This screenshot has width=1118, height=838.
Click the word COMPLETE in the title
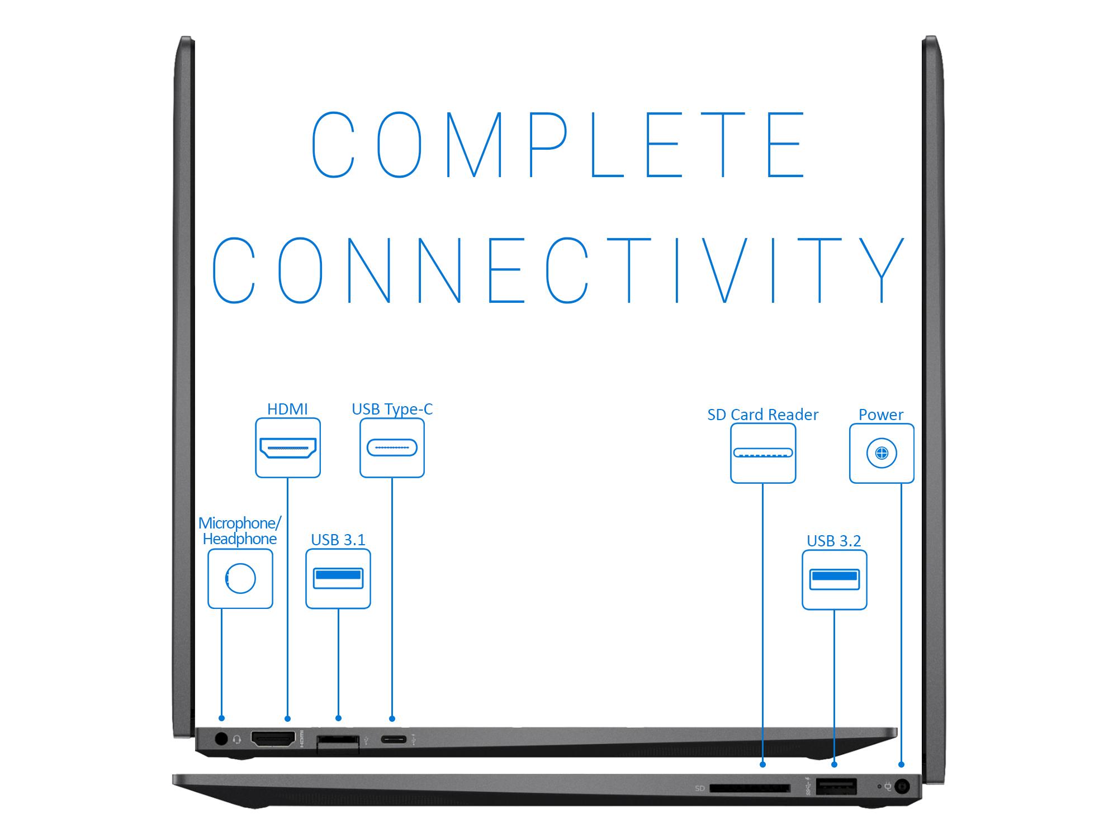[558, 144]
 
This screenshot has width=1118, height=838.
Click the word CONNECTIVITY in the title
[558, 270]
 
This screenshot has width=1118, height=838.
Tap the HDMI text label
[287, 409]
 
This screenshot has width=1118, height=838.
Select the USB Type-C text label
[392, 409]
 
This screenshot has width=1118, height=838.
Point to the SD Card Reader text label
[762, 415]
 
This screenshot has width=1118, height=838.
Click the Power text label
[881, 415]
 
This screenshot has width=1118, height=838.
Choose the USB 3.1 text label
[338, 540]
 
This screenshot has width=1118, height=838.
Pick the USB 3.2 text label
[833, 541]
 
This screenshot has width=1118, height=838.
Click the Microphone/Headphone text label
[240, 531]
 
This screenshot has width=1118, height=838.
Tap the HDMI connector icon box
[288, 447]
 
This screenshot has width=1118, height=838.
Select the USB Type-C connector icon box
[392, 447]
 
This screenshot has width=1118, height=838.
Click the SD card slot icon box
[763, 453]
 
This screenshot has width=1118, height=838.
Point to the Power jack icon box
[882, 453]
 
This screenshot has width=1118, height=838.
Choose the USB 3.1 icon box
[338, 578]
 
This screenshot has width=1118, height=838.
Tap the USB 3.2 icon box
[834, 579]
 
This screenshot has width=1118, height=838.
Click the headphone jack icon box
[240, 578]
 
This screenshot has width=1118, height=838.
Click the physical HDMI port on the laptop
[273, 739]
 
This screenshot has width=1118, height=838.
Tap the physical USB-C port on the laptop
[394, 740]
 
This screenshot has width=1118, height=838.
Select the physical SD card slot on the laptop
[750, 788]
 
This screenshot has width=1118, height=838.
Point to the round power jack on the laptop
[902, 787]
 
